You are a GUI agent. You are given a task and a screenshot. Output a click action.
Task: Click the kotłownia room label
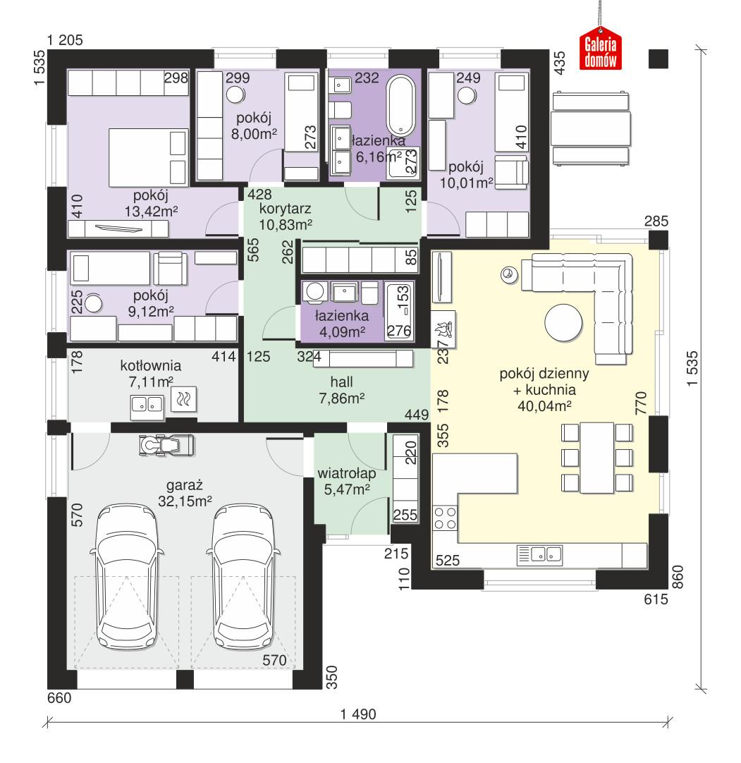150,374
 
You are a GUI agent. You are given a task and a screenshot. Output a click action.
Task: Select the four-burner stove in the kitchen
446,518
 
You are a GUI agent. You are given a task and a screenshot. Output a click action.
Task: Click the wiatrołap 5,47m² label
347,481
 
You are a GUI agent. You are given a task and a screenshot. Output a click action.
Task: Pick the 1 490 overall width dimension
358,714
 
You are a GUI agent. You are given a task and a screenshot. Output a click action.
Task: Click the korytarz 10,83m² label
286,216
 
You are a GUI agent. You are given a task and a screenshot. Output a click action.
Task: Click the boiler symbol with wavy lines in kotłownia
185,401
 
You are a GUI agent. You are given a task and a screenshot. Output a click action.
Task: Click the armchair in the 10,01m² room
511,172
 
